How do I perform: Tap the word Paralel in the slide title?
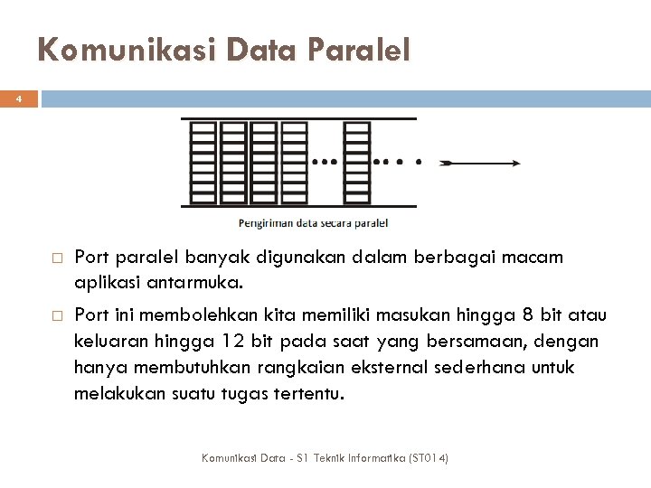click(359, 49)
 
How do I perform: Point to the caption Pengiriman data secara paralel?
click(313, 222)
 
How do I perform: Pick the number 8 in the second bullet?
click(528, 314)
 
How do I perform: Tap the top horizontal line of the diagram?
click(298, 118)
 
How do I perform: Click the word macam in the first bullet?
click(537, 258)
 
